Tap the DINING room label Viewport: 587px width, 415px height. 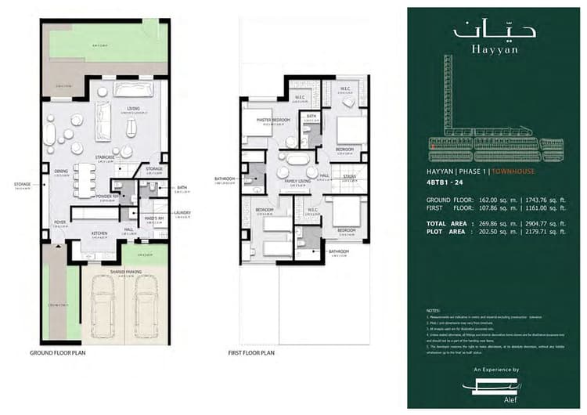click(x=61, y=171)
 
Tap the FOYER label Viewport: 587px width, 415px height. click(x=60, y=222)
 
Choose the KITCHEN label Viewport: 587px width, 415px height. click(x=99, y=233)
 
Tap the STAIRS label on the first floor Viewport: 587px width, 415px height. click(x=349, y=177)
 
